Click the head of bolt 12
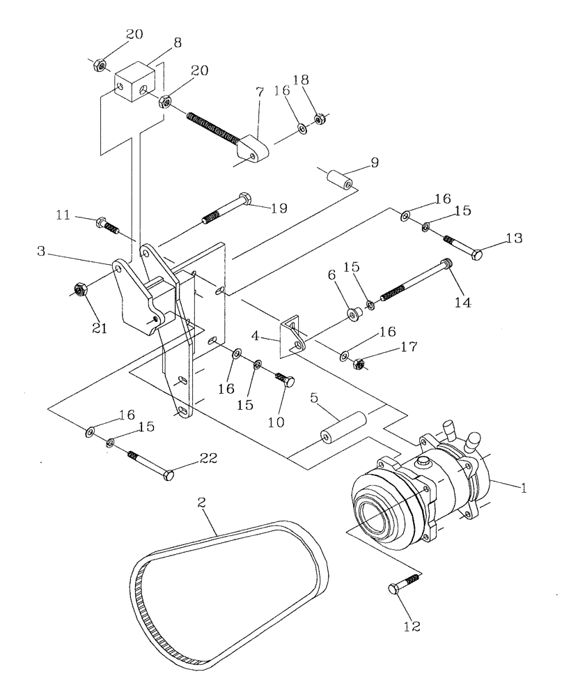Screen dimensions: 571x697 point(393,590)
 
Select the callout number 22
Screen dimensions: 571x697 point(208,458)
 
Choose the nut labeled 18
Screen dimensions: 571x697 point(320,119)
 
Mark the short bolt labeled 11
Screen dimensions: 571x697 point(106,224)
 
